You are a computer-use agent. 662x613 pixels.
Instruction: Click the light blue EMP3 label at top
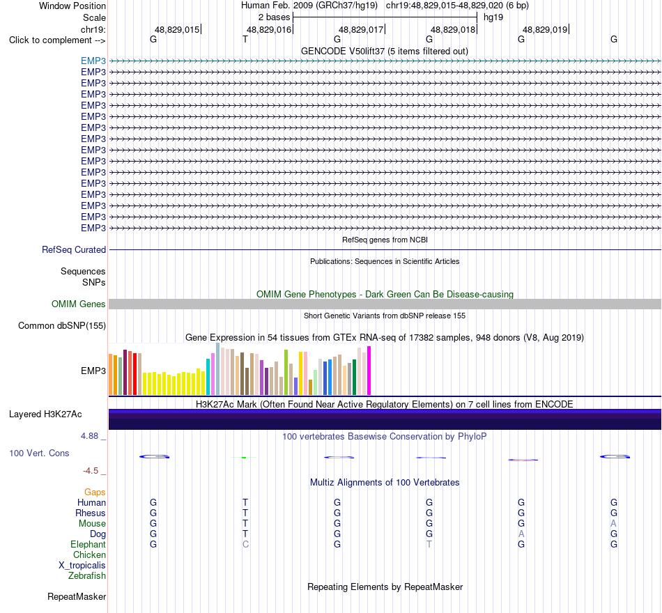(x=93, y=61)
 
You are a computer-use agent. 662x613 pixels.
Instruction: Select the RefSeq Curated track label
(x=74, y=249)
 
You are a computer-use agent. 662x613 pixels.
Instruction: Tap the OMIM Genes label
(x=79, y=304)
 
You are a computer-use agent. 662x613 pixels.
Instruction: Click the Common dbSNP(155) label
(x=62, y=325)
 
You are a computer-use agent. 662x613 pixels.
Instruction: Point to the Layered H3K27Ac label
(x=45, y=414)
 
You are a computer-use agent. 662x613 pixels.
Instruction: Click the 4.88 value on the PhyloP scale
(x=89, y=435)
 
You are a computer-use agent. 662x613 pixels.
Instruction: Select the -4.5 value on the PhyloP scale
(x=91, y=471)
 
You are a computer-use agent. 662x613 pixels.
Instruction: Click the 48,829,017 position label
(x=361, y=29)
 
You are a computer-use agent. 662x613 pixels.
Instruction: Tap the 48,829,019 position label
(x=545, y=29)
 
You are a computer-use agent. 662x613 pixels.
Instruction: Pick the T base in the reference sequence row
(x=245, y=39)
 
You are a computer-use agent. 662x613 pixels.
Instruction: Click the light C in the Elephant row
(x=245, y=544)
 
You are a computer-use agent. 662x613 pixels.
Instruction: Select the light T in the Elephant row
(x=429, y=544)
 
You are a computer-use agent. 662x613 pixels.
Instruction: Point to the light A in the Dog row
(x=521, y=534)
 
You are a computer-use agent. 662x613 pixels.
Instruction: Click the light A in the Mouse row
(x=613, y=524)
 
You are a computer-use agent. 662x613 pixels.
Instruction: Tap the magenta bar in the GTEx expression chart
(x=369, y=371)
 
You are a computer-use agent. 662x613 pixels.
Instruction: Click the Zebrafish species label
(x=87, y=575)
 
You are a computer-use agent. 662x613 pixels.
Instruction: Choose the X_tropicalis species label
(x=82, y=566)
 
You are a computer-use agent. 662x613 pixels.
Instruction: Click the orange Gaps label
(x=95, y=492)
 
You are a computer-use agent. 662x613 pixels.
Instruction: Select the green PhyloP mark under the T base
(x=244, y=457)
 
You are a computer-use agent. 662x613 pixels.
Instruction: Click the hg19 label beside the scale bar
(x=493, y=17)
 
